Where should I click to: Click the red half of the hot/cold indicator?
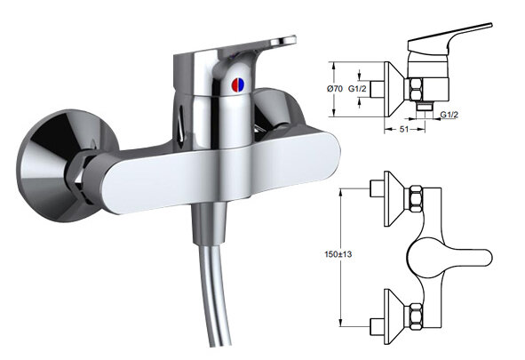pyautogui.click(x=235, y=85)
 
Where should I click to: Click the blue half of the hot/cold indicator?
pyautogui.click(x=242, y=85)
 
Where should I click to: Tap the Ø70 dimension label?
pyautogui.click(x=335, y=89)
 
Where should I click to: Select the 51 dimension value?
pyautogui.click(x=404, y=129)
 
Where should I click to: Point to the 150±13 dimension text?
pyautogui.click(x=338, y=254)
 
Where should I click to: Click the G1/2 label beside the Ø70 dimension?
pyautogui.click(x=357, y=89)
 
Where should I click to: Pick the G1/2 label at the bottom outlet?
pyautogui.click(x=449, y=115)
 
